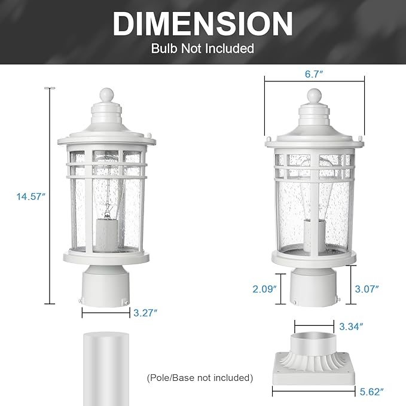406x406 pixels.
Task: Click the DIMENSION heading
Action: point(203,24)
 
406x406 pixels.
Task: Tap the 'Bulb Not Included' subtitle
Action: point(203,48)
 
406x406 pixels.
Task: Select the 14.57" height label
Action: point(28,196)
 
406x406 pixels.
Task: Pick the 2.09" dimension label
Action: point(263,289)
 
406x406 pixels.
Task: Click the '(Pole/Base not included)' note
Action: point(200,377)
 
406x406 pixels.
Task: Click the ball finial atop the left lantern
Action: point(106,94)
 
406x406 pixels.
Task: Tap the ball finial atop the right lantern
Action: point(315,95)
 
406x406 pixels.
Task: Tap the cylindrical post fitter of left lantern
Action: point(105,287)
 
